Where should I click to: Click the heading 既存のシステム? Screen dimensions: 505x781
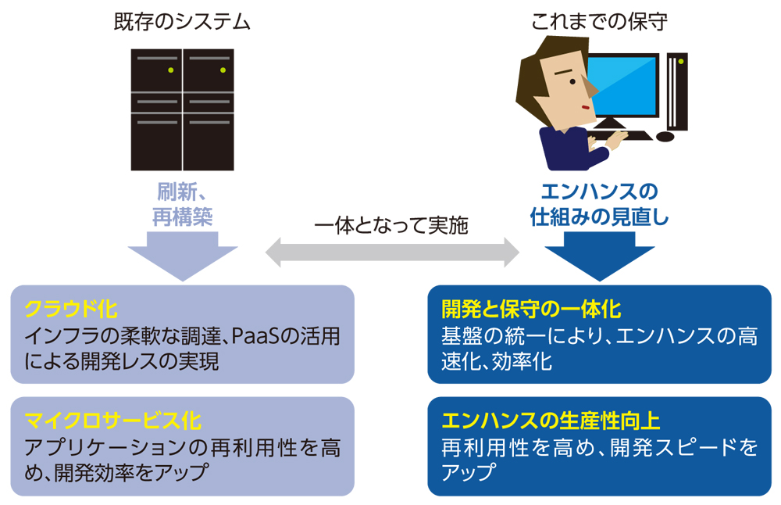click(182, 21)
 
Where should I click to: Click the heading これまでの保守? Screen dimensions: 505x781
click(599, 21)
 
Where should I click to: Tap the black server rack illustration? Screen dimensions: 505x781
click(182, 109)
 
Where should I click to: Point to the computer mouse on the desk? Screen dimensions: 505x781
click(665, 137)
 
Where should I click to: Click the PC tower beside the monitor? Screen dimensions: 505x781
click(677, 90)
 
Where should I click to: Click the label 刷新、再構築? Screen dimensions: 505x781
click(182, 204)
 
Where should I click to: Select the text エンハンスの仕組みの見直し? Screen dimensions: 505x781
click(599, 204)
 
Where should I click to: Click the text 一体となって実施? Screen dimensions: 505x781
click(391, 226)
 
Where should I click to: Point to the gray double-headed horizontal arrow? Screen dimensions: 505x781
click(392, 252)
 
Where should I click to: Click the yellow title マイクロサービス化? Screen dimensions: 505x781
click(113, 421)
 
